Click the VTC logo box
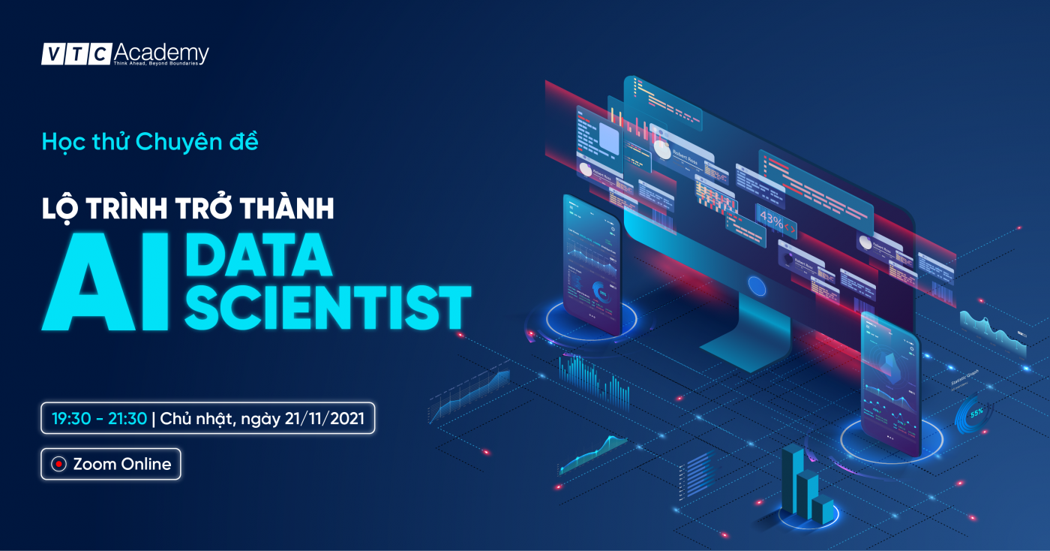click(76, 54)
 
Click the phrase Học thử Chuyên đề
click(150, 141)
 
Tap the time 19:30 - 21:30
click(99, 419)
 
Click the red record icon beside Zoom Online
click(58, 465)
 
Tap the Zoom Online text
click(122, 465)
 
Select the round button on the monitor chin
click(757, 285)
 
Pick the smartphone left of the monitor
click(592, 263)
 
